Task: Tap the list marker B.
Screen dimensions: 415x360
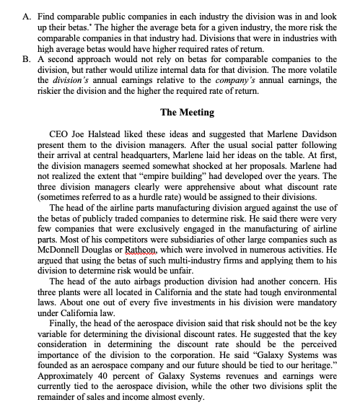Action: [x=8, y=59]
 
